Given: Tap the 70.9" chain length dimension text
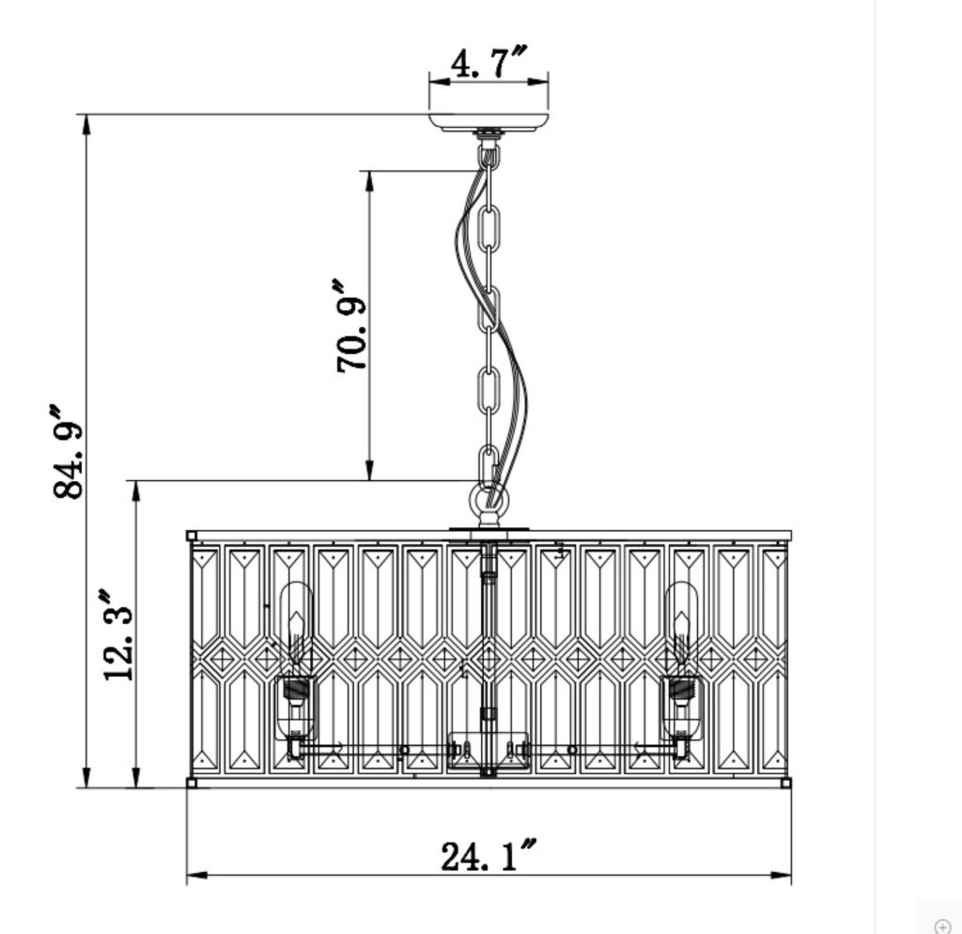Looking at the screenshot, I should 352,325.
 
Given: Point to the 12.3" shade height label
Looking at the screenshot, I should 119,635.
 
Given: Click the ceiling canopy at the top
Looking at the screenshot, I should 488,121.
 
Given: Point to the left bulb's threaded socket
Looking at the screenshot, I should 295,693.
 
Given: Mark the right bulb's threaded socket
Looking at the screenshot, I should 682,693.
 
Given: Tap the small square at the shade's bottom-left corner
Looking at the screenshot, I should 192,782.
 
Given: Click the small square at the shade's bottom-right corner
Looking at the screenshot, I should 785,782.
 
